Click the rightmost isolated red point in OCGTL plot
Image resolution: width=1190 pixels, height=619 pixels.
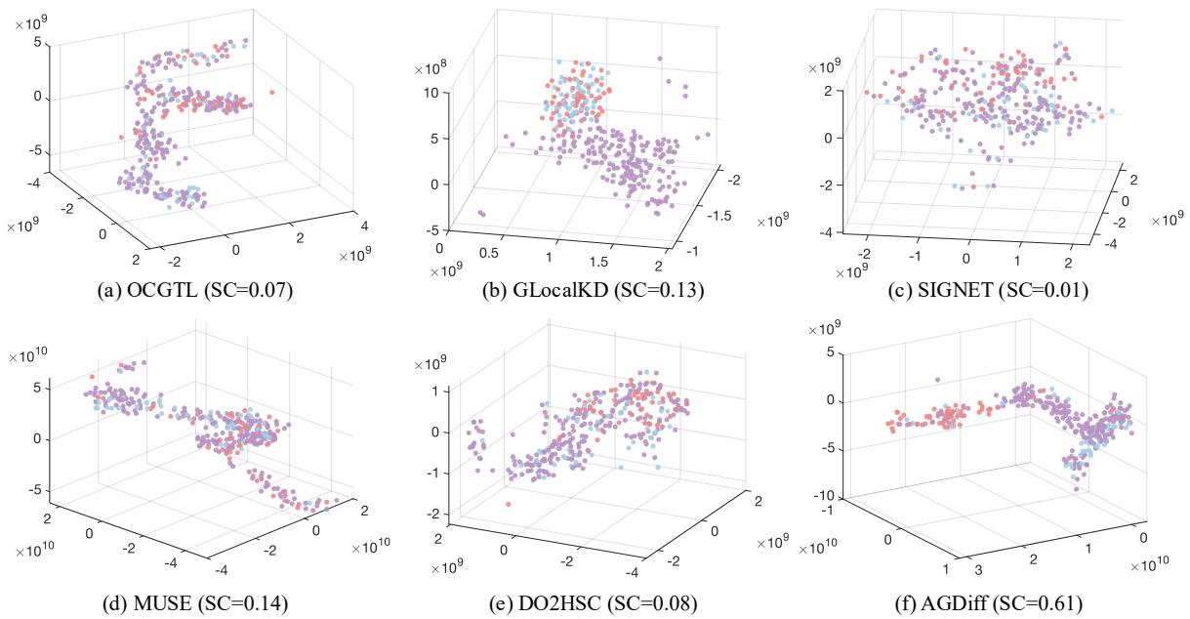pos(272,94)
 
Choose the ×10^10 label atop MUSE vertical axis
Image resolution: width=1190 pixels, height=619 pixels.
pos(29,334)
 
